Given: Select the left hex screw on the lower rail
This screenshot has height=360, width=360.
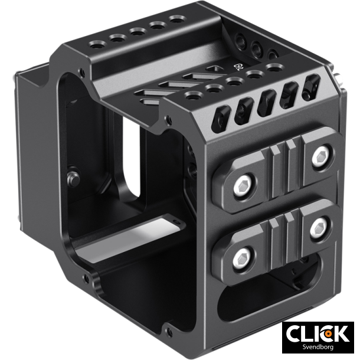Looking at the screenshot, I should pyautogui.click(x=243, y=256).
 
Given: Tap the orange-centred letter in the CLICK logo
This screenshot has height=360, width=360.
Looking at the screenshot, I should pyautogui.click(x=326, y=333).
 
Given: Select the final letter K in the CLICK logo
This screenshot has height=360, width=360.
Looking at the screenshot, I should pyautogui.click(x=340, y=333).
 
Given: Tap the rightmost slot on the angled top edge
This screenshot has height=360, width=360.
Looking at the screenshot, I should pyautogui.click(x=309, y=86).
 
